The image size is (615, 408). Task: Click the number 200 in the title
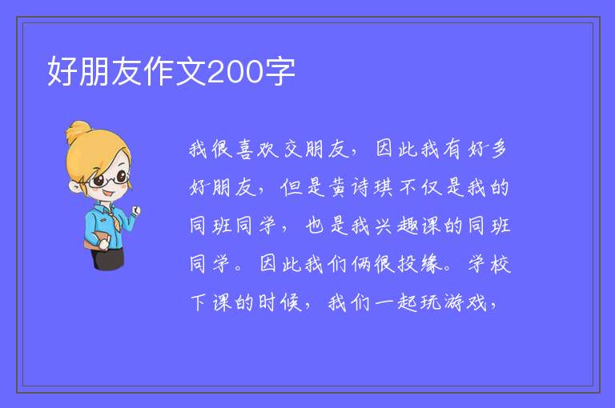[235, 72]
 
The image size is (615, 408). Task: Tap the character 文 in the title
[191, 71]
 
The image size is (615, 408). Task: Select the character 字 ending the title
[279, 71]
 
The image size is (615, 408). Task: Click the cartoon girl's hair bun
[79, 130]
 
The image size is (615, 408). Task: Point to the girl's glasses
[109, 179]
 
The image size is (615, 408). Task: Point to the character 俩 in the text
[361, 264]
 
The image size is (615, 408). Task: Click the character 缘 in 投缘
[431, 264]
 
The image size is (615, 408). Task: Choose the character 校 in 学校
[500, 264]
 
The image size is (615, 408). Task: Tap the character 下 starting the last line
[199, 302]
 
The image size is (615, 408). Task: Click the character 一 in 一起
[384, 303]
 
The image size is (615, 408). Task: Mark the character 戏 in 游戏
[476, 302]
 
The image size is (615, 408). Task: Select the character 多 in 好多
[499, 150]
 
